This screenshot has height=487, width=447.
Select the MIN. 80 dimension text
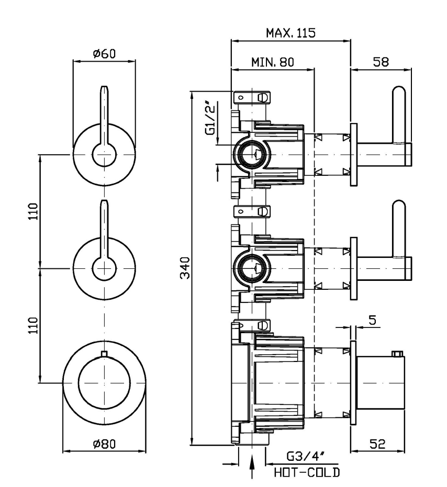click(272, 62)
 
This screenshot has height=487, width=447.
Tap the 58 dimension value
click(381, 62)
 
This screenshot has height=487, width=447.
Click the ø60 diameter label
click(104, 54)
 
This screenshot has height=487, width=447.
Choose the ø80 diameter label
click(104, 444)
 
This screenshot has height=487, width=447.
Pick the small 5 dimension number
click(372, 320)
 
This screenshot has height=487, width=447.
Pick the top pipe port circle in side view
click(251, 154)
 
